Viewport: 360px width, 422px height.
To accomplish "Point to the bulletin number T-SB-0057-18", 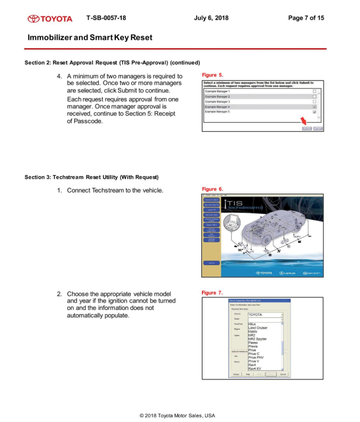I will [x=106, y=18].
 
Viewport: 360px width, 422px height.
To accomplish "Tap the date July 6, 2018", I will [x=212, y=18].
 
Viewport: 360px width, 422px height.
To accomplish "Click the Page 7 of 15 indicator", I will [x=306, y=18].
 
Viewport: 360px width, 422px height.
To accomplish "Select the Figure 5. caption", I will [x=213, y=75].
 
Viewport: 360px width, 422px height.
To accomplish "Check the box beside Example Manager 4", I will [x=314, y=107].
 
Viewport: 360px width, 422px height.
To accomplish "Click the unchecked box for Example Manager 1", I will [x=314, y=92].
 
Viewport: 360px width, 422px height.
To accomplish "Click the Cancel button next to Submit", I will [x=318, y=129].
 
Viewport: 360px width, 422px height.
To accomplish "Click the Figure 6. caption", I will [x=213, y=189].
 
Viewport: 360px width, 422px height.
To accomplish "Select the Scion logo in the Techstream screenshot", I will [x=311, y=273].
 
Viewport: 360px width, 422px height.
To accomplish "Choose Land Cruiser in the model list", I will [x=258, y=328].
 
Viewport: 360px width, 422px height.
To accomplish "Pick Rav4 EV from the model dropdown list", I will [x=255, y=369].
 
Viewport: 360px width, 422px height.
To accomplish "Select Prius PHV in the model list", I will [x=256, y=357].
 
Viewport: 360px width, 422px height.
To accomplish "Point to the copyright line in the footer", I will [x=177, y=415].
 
